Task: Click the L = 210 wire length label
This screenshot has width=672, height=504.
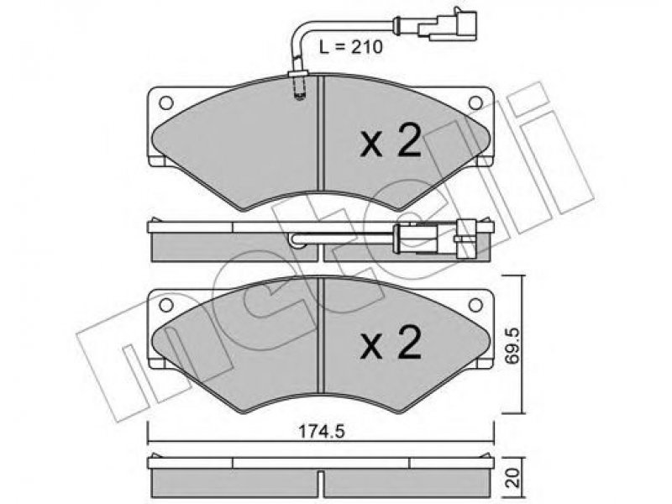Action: click(351, 47)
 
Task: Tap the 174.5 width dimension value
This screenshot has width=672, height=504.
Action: click(322, 432)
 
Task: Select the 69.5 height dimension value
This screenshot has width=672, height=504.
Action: click(512, 345)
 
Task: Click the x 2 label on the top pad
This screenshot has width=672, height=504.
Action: click(391, 141)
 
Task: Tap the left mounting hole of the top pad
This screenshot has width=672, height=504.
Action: click(165, 102)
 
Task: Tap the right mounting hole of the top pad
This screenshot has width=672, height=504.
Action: click(475, 102)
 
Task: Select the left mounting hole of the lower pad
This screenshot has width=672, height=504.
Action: click(165, 305)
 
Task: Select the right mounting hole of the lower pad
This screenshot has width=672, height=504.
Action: click(475, 305)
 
